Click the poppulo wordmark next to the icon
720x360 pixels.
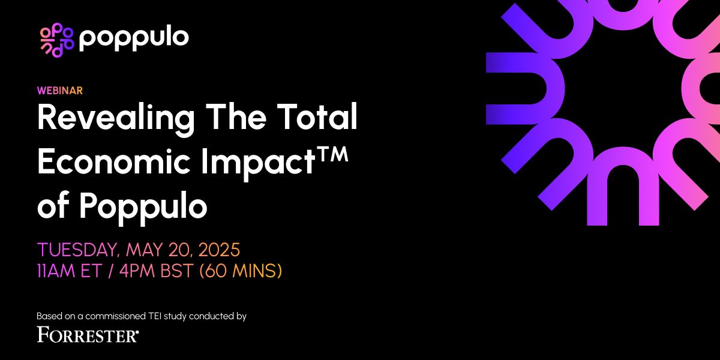[134, 38]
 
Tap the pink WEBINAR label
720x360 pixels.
[59, 91]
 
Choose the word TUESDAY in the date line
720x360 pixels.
[77, 249]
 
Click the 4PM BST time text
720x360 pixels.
[156, 271]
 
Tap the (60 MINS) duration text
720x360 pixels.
[241, 271]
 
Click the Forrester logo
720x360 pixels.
[88, 334]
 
